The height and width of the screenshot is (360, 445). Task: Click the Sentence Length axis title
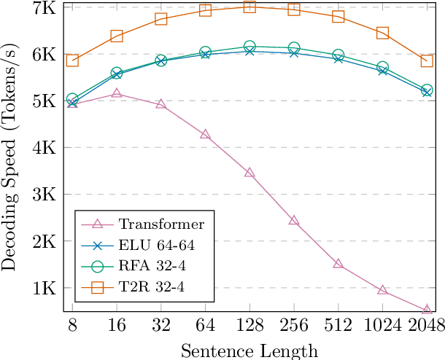click(x=249, y=351)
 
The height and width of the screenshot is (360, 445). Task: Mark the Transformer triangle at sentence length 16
click(x=117, y=94)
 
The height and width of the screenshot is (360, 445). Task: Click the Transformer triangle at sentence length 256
click(x=294, y=220)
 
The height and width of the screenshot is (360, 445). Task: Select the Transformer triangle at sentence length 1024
click(x=382, y=290)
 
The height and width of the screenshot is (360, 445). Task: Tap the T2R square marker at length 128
click(x=249, y=7)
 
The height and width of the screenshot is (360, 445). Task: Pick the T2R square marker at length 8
click(x=72, y=60)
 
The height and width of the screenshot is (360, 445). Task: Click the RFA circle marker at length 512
click(x=338, y=55)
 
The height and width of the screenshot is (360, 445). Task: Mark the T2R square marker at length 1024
click(x=382, y=33)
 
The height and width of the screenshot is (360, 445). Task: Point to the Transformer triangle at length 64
click(x=205, y=135)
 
